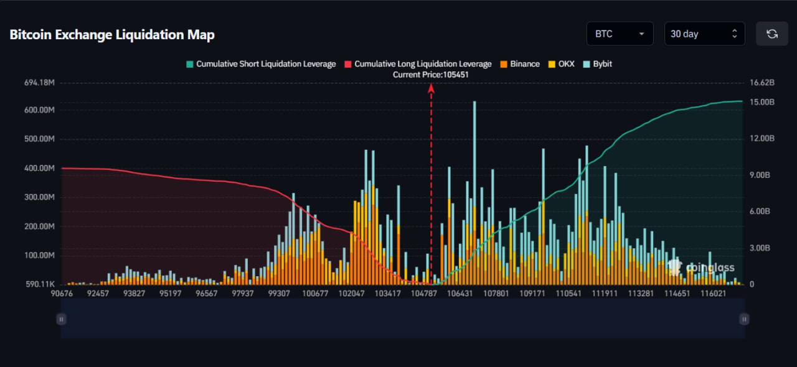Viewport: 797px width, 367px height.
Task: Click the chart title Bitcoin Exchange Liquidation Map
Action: click(x=112, y=35)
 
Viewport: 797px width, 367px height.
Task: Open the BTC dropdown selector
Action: click(x=620, y=34)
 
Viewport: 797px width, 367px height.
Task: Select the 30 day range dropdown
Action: click(x=704, y=34)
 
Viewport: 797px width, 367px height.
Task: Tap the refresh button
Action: click(x=772, y=34)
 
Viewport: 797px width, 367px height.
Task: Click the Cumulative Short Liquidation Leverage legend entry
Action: click(x=261, y=64)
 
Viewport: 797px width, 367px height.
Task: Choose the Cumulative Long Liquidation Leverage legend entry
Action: click(x=418, y=64)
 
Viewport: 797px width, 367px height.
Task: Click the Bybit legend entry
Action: click(x=598, y=64)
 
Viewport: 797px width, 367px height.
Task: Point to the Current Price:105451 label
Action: click(x=431, y=75)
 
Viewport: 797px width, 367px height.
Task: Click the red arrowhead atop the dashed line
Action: click(x=431, y=88)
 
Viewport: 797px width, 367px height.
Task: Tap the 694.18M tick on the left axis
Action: click(x=38, y=83)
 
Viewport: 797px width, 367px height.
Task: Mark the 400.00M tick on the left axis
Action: click(x=38, y=168)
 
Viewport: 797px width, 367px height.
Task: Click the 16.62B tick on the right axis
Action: click(x=763, y=83)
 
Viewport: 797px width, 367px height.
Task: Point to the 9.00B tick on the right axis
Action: click(x=762, y=175)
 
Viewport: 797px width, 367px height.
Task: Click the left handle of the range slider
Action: click(x=61, y=319)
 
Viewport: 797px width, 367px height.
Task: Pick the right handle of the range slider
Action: click(x=744, y=319)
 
